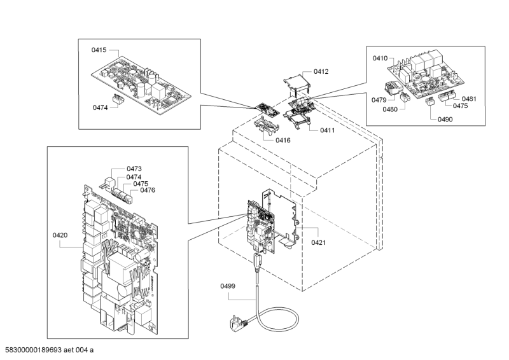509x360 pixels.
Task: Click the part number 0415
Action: click(99, 50)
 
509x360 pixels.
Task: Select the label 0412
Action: click(321, 72)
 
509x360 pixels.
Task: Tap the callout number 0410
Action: click(380, 59)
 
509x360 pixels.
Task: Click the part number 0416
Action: click(283, 140)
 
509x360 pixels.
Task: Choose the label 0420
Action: click(60, 235)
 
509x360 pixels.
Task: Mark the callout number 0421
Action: click(318, 242)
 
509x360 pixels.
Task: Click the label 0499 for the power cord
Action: click(228, 287)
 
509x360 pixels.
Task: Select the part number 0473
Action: click(134, 169)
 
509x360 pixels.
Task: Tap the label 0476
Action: click(148, 190)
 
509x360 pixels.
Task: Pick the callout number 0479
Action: click(380, 100)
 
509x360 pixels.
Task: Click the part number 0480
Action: click(390, 109)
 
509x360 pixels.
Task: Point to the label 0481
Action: click(470, 99)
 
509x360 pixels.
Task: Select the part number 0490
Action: click(445, 120)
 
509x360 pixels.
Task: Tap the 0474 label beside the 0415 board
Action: click(99, 107)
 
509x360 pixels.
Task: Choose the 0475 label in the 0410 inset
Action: click(460, 106)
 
